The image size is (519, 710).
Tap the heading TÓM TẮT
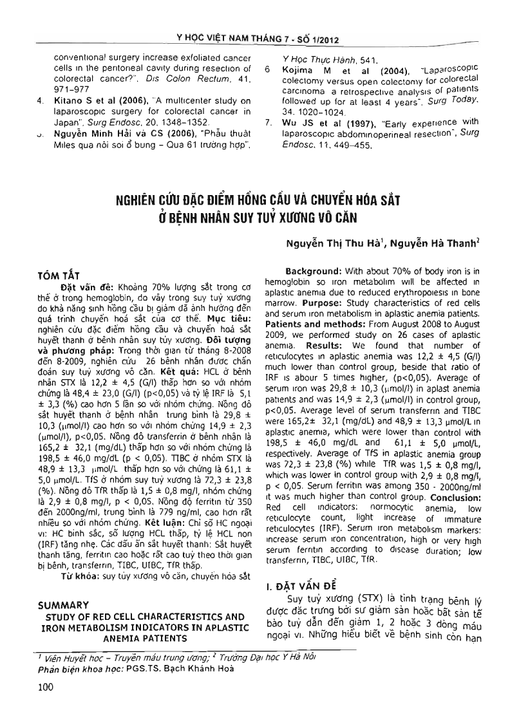coord(57,276)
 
